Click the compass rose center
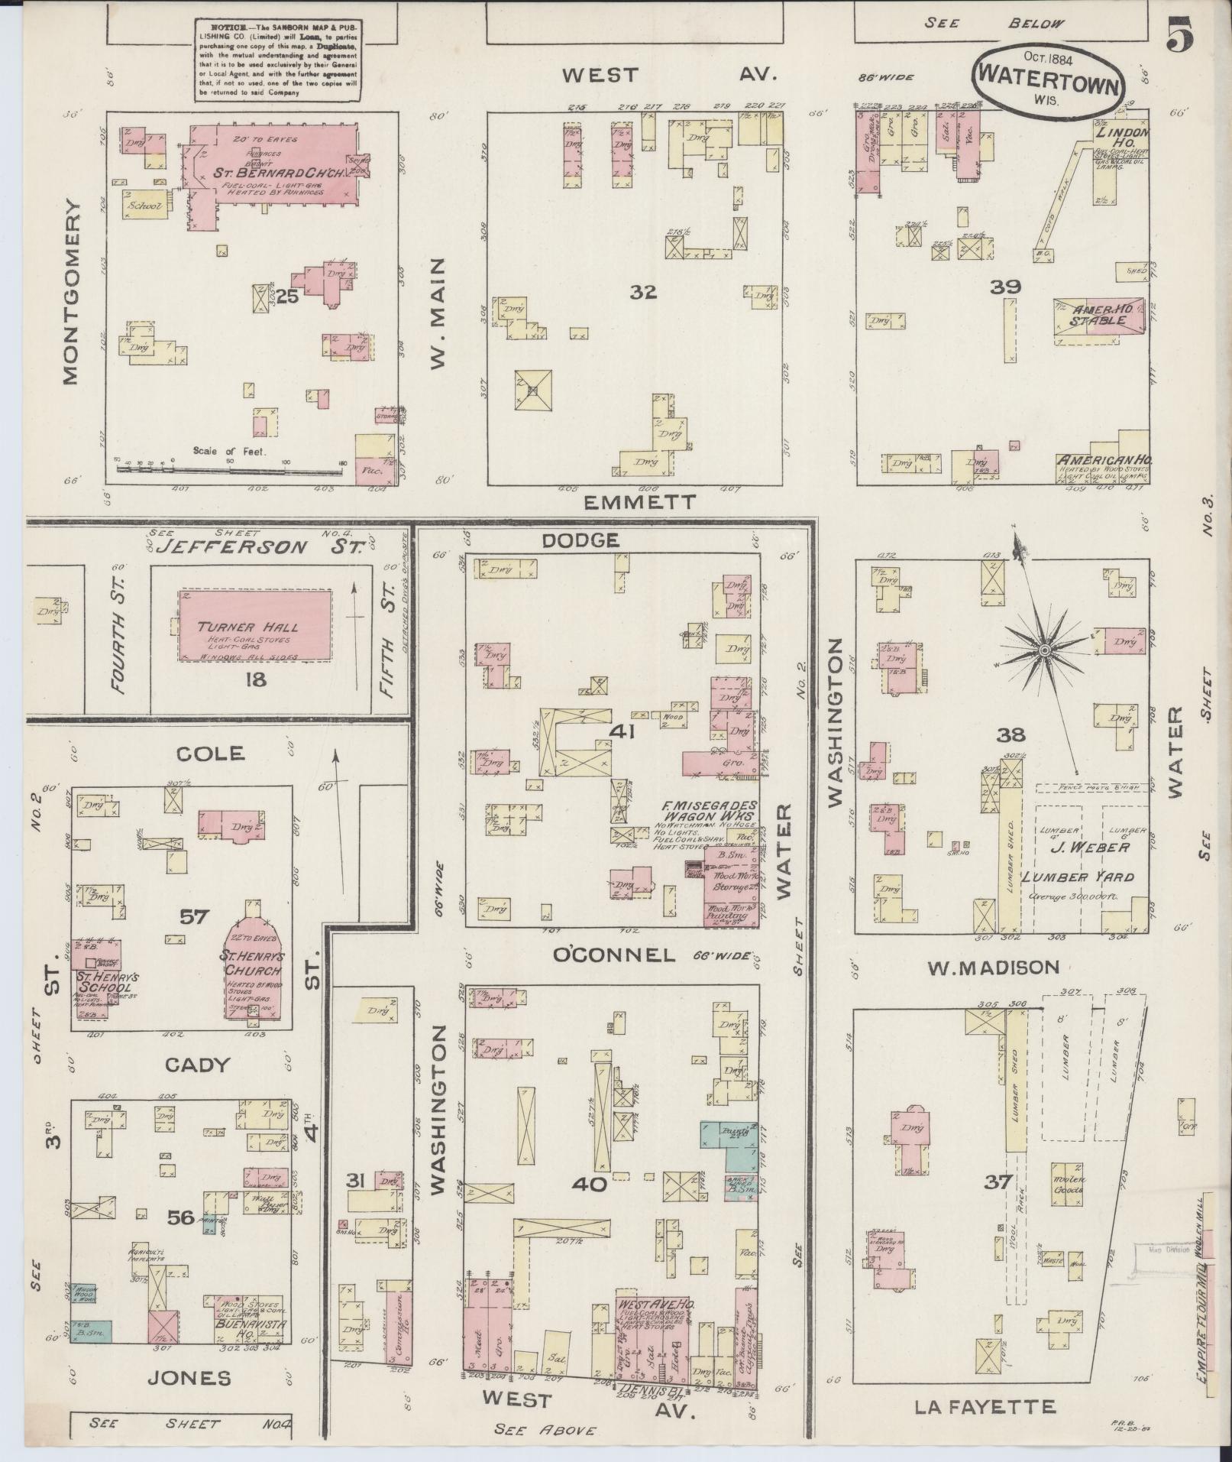pos(1043,650)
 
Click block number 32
pos(643,291)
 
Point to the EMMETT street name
pos(640,502)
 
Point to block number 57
pos(193,915)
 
